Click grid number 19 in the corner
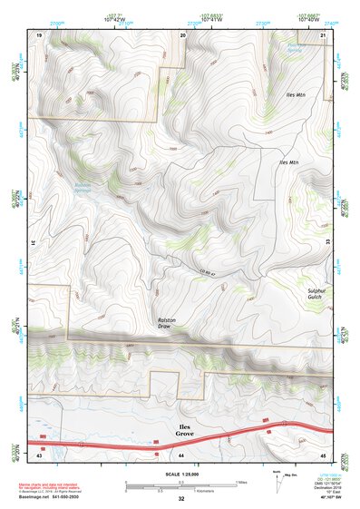click(40, 34)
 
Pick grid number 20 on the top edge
click(183, 34)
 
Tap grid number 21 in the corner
click(324, 34)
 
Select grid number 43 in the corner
click(39, 453)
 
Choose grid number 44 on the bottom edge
click(180, 453)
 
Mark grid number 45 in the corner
click(323, 453)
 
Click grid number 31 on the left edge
click(34, 242)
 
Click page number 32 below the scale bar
click(180, 498)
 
